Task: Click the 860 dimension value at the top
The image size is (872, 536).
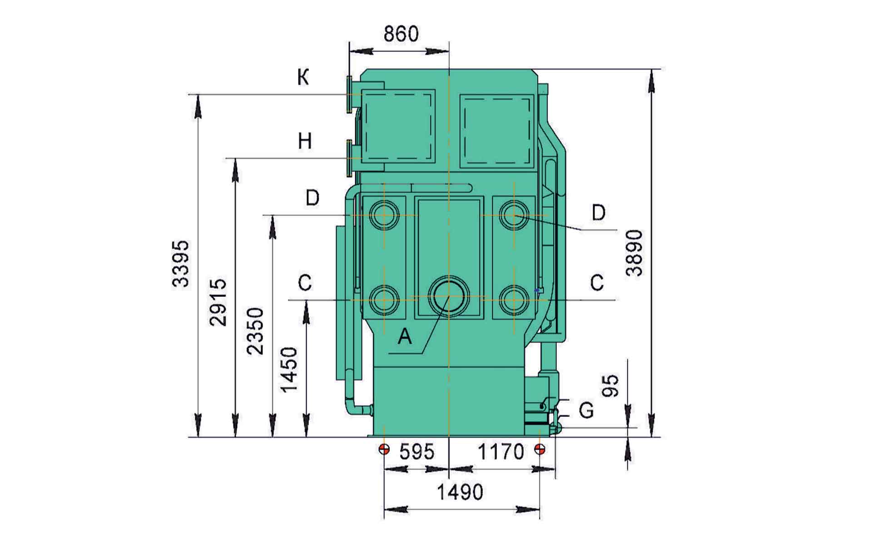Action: pos(401,34)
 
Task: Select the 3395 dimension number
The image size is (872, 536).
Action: pos(181,264)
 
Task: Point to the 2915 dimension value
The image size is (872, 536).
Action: pos(218,302)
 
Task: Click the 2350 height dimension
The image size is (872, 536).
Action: pos(255,331)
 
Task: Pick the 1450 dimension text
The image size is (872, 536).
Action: pos(289,370)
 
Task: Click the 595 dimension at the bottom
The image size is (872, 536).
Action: pos(417,452)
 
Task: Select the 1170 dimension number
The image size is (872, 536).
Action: pos(501,452)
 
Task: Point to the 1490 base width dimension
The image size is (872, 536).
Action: pos(460,492)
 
